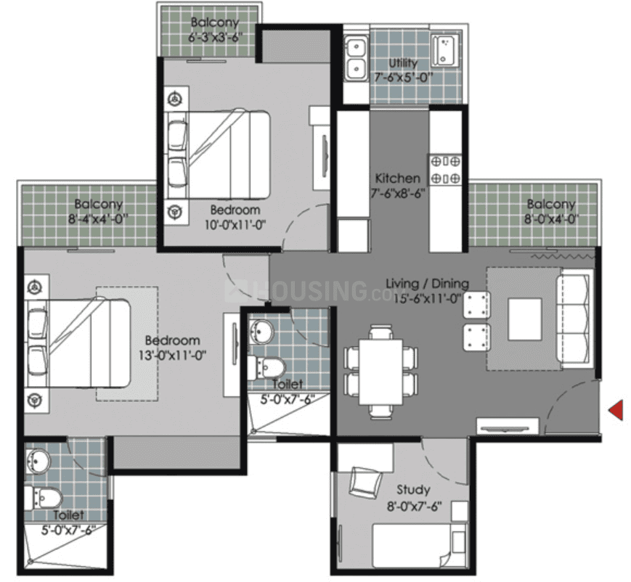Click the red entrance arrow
click(x=616, y=410)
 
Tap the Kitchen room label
click(x=398, y=178)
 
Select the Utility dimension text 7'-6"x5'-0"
click(x=404, y=77)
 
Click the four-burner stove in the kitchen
click(x=445, y=170)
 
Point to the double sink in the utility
click(x=356, y=58)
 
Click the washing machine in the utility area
click(x=445, y=50)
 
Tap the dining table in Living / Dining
click(x=380, y=372)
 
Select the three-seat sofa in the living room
click(x=574, y=319)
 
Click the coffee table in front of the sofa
click(x=524, y=319)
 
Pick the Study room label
click(x=413, y=490)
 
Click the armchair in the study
click(x=366, y=483)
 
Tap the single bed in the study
click(x=419, y=546)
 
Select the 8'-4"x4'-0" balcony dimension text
click(x=98, y=219)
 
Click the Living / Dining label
click(x=428, y=284)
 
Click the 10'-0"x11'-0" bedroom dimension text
click(x=235, y=225)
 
